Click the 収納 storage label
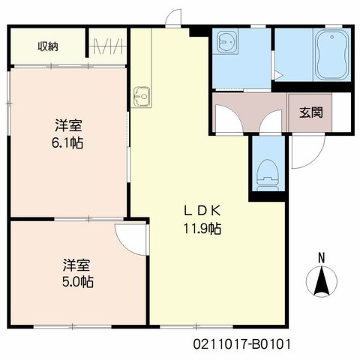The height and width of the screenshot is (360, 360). pyautogui.click(x=48, y=46)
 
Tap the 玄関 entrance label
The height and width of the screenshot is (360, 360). pyautogui.click(x=311, y=112)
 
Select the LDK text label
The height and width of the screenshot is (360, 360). pyautogui.click(x=202, y=211)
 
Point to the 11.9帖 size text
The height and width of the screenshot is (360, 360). pyautogui.click(x=202, y=228)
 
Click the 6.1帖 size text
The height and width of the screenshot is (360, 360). pyautogui.click(x=67, y=143)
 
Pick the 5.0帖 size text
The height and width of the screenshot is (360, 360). pyautogui.click(x=78, y=282)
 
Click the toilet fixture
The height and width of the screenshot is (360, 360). pyautogui.click(x=268, y=175)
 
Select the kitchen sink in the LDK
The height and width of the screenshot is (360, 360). pyautogui.click(x=142, y=96)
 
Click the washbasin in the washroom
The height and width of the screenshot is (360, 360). pyautogui.click(x=227, y=42)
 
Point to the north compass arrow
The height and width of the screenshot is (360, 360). pyautogui.click(x=322, y=282)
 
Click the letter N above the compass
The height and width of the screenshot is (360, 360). pyautogui.click(x=322, y=258)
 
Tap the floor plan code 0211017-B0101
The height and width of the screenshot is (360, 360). pyautogui.click(x=242, y=344)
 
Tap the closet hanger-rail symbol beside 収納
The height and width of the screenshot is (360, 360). pyautogui.click(x=107, y=46)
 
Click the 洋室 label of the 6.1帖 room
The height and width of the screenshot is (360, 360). pyautogui.click(x=68, y=126)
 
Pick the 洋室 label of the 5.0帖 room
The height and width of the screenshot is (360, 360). pyautogui.click(x=76, y=265)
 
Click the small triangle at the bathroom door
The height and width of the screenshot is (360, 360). pyautogui.click(x=278, y=75)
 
